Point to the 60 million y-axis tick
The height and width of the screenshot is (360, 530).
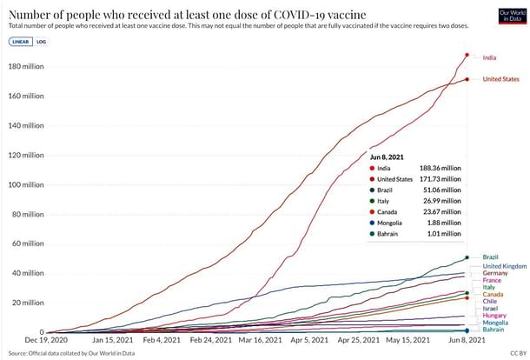click(27, 243)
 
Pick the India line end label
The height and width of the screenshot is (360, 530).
click(490, 57)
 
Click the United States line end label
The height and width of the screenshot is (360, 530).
click(500, 79)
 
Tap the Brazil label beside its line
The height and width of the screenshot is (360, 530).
click(490, 257)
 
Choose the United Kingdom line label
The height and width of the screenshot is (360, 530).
click(505, 266)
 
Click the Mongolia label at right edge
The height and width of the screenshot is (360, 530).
click(496, 323)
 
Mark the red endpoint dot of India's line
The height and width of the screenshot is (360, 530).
click(467, 55)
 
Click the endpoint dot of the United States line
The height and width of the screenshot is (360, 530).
click(467, 79)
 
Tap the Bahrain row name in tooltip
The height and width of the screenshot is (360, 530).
click(388, 232)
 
